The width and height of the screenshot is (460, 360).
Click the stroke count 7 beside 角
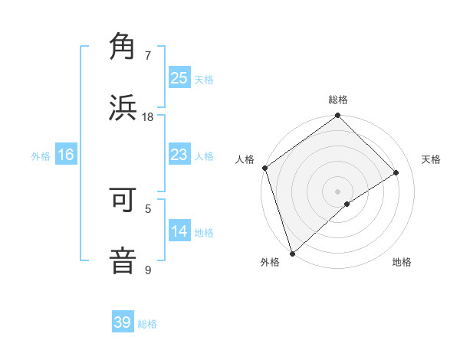pos(148,55)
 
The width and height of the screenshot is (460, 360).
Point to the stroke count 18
pos(148,116)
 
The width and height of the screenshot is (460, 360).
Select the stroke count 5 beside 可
pos(148,208)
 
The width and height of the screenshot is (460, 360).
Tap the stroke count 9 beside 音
pos(148,270)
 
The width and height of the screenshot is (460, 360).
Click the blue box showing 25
pos(179,77)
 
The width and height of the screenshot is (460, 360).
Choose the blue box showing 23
pos(179,155)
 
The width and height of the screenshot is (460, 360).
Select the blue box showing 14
pos(179,231)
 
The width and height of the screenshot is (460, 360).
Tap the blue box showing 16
pos(66,155)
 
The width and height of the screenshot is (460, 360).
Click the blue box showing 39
pos(123,322)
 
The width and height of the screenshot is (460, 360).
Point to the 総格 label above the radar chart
pos(338,100)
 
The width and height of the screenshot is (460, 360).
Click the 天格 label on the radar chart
pos(432,159)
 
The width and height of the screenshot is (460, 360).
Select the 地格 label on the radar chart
pos(402,262)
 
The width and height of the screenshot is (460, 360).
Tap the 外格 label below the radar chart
pos(270,262)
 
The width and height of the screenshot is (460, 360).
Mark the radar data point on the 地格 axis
pos(347,204)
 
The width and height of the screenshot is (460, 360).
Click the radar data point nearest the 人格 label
pos(264,168)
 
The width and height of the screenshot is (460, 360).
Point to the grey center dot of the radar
pos(337,191)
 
